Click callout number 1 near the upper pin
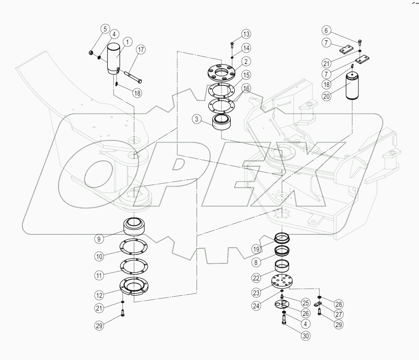click(128, 42)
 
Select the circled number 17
click(140, 50)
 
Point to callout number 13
click(246, 33)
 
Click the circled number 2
click(246, 61)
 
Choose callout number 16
click(246, 88)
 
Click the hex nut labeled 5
click(91, 53)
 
